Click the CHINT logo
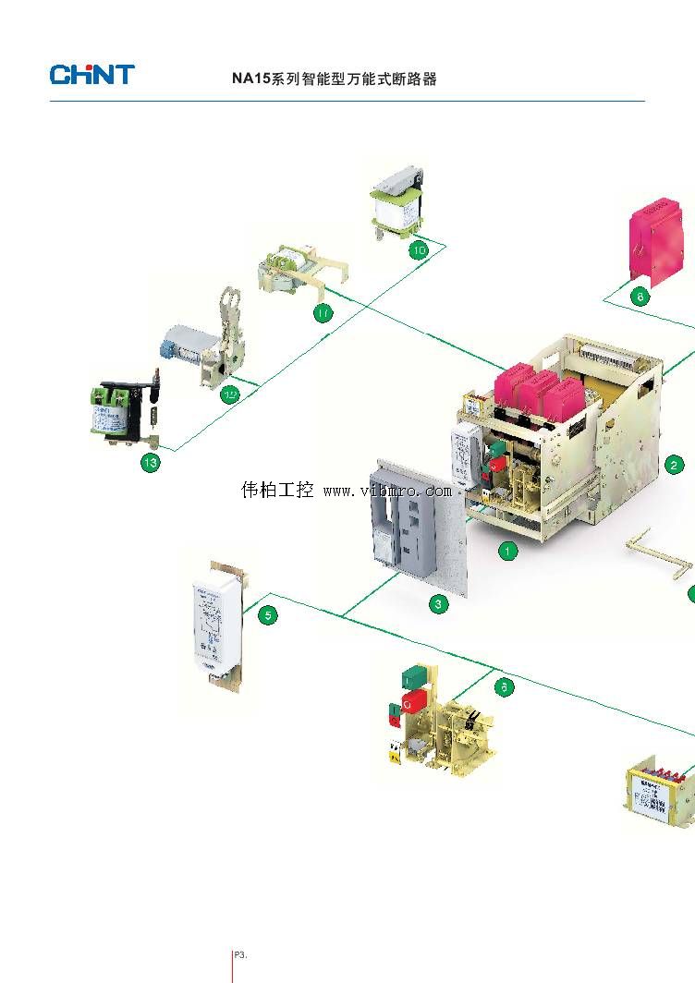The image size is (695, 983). point(92,75)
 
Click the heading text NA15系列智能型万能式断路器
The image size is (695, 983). point(334,79)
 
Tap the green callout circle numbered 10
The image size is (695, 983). point(419,250)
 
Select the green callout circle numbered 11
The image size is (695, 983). point(323,314)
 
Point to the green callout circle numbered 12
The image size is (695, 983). point(231,395)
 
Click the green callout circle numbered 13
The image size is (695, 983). point(150,463)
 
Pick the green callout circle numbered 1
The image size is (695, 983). point(507,552)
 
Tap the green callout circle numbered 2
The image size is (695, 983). point(676,465)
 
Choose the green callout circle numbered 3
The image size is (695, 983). point(439,605)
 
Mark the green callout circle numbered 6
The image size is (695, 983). point(504,686)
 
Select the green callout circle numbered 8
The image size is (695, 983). point(640,297)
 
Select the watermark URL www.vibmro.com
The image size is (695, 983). point(386,491)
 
